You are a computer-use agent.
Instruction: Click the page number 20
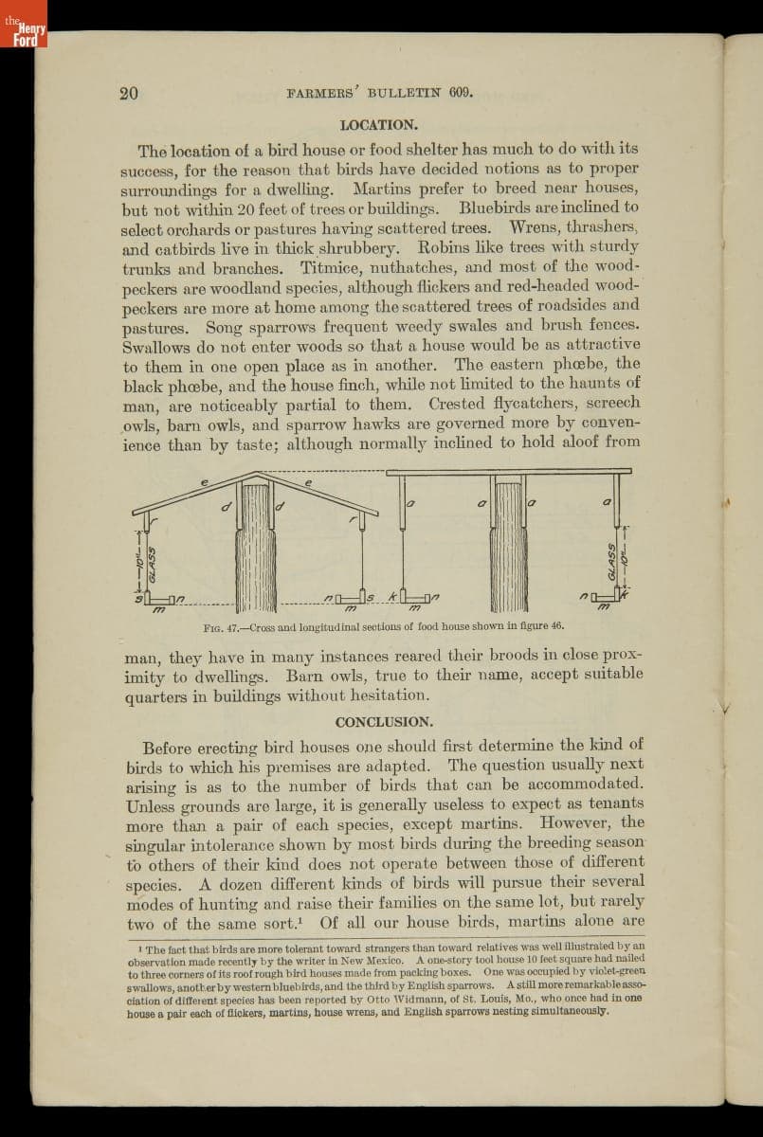(129, 93)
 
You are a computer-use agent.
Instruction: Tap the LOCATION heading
(378, 125)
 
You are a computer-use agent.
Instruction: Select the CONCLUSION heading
(384, 722)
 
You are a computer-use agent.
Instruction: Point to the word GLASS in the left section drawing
(152, 566)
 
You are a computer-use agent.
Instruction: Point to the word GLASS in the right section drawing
(612, 562)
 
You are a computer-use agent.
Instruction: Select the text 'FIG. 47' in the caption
(222, 627)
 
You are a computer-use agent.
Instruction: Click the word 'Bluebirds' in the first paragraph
(498, 208)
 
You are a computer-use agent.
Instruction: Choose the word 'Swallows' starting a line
(155, 346)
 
